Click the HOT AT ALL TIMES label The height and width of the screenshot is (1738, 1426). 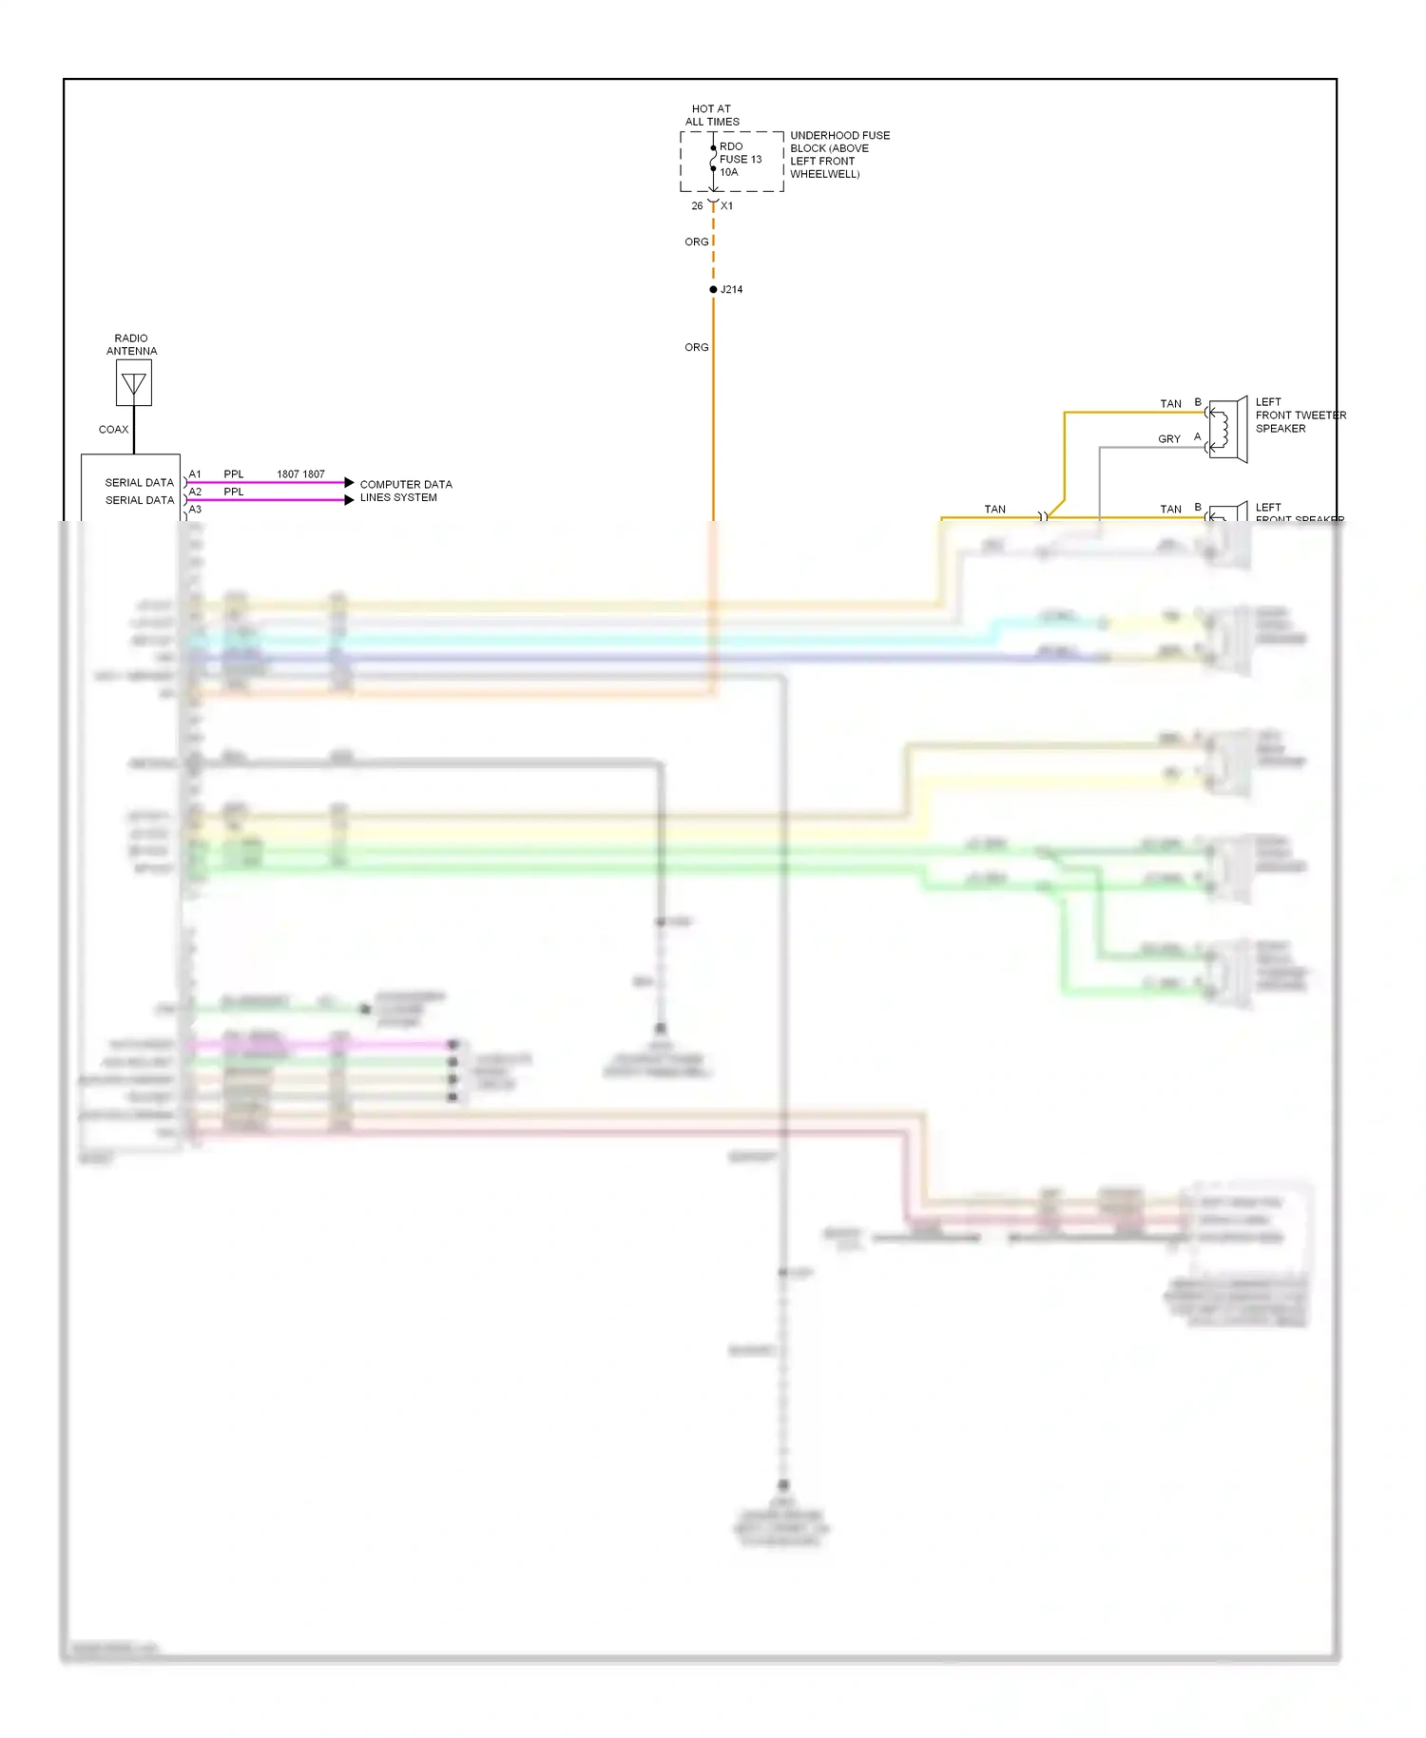pyautogui.click(x=712, y=115)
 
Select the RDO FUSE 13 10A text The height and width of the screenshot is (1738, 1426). pyautogui.click(x=740, y=160)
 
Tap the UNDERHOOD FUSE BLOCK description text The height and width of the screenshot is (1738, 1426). pyautogui.click(x=839, y=155)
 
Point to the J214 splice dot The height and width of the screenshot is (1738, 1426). pyautogui.click(x=713, y=289)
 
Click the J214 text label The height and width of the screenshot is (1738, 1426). pyautogui.click(x=732, y=289)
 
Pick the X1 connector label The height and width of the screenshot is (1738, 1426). pyautogui.click(x=727, y=205)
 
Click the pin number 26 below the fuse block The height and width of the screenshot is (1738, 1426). pyautogui.click(x=697, y=205)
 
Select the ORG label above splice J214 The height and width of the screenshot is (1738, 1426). pyautogui.click(x=697, y=241)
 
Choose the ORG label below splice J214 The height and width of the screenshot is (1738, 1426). pyautogui.click(x=697, y=347)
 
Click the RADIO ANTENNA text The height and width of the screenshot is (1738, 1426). pyautogui.click(x=131, y=344)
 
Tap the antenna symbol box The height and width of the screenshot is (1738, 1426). pyautogui.click(x=134, y=383)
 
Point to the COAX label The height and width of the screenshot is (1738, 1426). pyautogui.click(x=113, y=429)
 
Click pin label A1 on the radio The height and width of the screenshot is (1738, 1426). pyautogui.click(x=195, y=473)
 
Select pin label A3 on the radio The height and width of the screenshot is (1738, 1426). pyautogui.click(x=195, y=509)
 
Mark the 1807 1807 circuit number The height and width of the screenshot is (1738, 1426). pyautogui.click(x=300, y=473)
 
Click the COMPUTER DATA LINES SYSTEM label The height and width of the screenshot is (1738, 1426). pyautogui.click(x=406, y=491)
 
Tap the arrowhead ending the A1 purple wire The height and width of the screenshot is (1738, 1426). pyautogui.click(x=349, y=483)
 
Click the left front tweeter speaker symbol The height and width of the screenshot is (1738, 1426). pyautogui.click(x=1227, y=430)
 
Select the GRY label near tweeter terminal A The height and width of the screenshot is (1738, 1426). pyautogui.click(x=1169, y=439)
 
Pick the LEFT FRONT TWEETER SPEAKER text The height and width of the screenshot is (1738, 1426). pyautogui.click(x=1300, y=415)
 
